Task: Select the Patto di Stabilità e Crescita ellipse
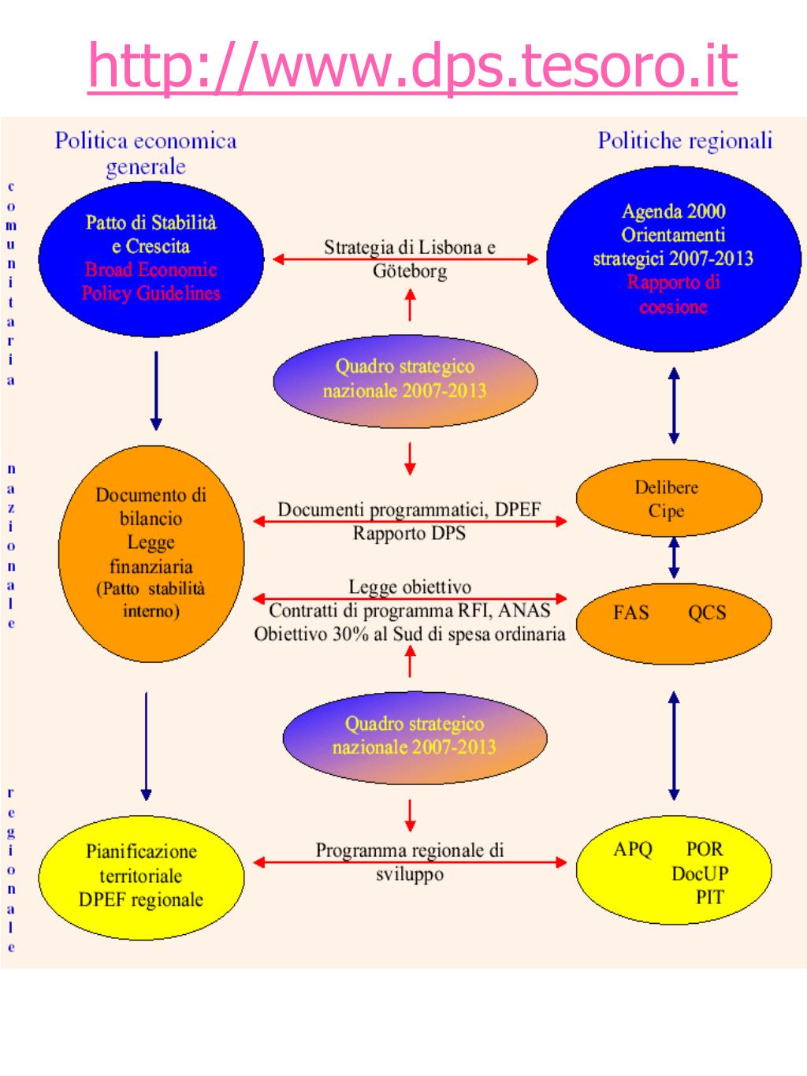coord(151,259)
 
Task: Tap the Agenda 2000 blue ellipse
coord(673,259)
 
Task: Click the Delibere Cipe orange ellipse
coord(669,497)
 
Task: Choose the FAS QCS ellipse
coord(674,624)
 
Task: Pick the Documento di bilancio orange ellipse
coord(151,553)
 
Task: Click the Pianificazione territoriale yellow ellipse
coord(141,877)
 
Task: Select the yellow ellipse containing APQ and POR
coord(674,870)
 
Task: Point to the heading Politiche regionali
coord(685,140)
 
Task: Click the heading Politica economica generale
coord(146,154)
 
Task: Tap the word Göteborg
coord(410,271)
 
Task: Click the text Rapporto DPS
coord(409,533)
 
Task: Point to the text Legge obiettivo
coord(410,586)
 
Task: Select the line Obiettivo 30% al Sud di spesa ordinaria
coord(410,634)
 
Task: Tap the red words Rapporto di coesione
coord(673,295)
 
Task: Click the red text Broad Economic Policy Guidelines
coord(151,281)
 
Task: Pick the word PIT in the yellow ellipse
coord(709,898)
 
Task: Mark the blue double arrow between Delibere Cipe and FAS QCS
coord(675,557)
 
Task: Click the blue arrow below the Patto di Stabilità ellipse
coord(156,391)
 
